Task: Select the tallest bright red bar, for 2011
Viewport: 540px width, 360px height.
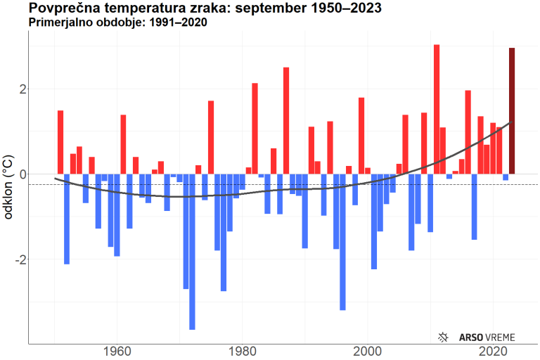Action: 437,109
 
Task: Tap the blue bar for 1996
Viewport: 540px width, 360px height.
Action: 342,242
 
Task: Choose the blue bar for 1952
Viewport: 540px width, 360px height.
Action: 67,219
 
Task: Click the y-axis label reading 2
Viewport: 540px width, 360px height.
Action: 23,89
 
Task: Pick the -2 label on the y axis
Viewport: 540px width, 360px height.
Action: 20,259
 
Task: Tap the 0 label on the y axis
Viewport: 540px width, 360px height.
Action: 23,174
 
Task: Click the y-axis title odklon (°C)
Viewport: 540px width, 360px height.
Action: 9,188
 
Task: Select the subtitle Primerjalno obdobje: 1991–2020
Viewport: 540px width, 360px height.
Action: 117,22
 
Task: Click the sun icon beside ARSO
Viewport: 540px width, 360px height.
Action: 443,337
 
